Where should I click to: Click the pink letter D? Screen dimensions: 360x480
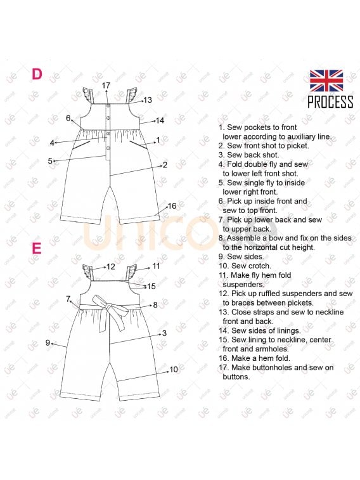pos(37,74)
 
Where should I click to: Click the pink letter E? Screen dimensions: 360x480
pos(37,249)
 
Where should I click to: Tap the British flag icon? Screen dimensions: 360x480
pos(326,81)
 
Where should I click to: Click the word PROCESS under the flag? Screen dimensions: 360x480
pos(330,102)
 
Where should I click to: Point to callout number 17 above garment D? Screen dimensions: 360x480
pos(106,86)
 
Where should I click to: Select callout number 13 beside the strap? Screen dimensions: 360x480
pos(148,100)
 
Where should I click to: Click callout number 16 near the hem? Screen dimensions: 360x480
pos(172,205)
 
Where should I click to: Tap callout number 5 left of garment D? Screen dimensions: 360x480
pos(50,160)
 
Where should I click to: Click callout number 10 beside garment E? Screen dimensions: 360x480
pos(174,370)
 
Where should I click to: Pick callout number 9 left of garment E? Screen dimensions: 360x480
pos(48,342)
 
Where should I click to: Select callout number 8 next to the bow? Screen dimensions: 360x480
pos(155,305)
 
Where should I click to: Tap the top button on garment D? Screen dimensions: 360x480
pos(108,107)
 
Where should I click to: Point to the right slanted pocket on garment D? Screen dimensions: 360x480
pos(138,145)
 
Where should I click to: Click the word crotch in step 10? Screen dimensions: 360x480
pos(260,266)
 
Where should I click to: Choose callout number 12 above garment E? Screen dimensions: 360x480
pos(111,267)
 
